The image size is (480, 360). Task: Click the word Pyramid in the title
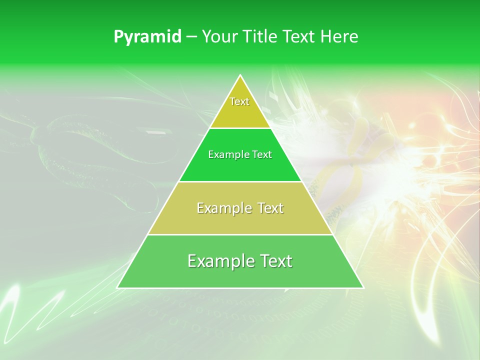pyautogui.click(x=147, y=37)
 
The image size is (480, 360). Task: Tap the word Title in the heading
pyautogui.click(x=260, y=36)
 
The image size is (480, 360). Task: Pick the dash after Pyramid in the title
pyautogui.click(x=191, y=37)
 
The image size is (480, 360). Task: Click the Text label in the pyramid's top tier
pyautogui.click(x=239, y=101)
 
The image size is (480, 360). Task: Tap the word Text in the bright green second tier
pyautogui.click(x=262, y=155)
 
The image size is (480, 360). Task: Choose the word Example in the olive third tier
pyautogui.click(x=222, y=208)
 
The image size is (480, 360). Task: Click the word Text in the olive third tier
pyautogui.click(x=270, y=208)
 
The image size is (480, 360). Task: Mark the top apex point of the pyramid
pyautogui.click(x=240, y=75)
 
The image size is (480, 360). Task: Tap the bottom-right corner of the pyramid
pyautogui.click(x=363, y=287)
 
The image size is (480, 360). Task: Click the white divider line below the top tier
pyautogui.click(x=240, y=128)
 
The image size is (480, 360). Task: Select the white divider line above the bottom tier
pyautogui.click(x=240, y=234)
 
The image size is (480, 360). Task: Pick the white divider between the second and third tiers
pyautogui.click(x=240, y=181)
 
